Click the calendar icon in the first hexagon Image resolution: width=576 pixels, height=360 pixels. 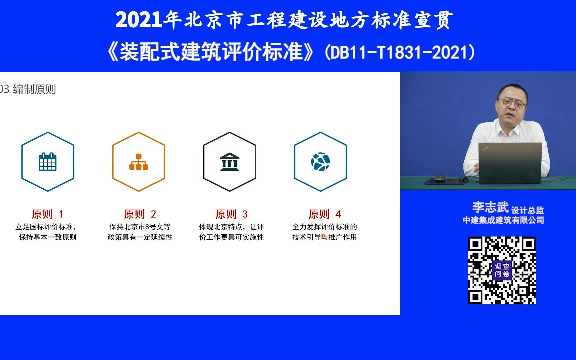click(48, 162)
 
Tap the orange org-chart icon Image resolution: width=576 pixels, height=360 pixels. click(139, 162)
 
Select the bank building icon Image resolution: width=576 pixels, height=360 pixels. click(229, 162)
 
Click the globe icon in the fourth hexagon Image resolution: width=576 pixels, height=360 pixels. click(320, 162)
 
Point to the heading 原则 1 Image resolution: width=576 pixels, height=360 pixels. click(47, 214)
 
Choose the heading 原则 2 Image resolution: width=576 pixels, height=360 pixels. click(140, 214)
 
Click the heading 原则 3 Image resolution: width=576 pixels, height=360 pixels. click(231, 214)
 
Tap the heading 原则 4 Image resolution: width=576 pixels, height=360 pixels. click(324, 214)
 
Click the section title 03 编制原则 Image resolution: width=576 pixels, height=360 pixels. click(28, 89)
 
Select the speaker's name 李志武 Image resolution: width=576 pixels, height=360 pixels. click(490, 207)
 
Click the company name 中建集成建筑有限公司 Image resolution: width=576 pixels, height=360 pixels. click(503, 220)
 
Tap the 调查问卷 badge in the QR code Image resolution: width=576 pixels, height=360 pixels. click(502, 270)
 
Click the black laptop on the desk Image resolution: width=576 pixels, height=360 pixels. click(510, 163)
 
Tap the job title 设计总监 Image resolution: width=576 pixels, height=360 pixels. click(528, 210)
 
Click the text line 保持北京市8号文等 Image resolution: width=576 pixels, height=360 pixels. click(140, 227)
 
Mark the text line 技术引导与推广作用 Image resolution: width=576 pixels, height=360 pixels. click(325, 237)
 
